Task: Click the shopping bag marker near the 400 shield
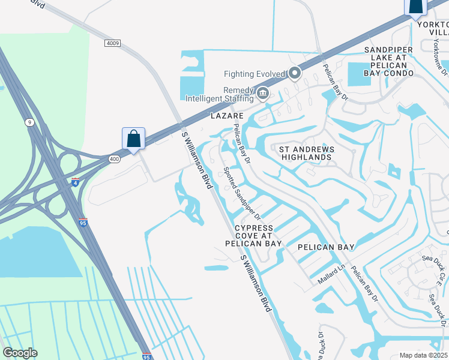pyautogui.click(x=133, y=139)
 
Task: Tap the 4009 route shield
pyautogui.click(x=112, y=43)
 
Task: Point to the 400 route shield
pyautogui.click(x=114, y=158)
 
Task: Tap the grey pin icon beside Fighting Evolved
pyautogui.click(x=295, y=74)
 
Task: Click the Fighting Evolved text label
pyautogui.click(x=254, y=74)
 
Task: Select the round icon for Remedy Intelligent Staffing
pyautogui.click(x=262, y=94)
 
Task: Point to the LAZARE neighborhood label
pyautogui.click(x=226, y=115)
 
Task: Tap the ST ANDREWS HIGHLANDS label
pyautogui.click(x=305, y=152)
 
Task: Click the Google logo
pyautogui.click(x=20, y=353)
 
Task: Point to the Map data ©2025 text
pyautogui.click(x=423, y=355)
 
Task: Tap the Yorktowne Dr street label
pyautogui.click(x=443, y=55)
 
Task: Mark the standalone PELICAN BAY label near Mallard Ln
pyautogui.click(x=326, y=247)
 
